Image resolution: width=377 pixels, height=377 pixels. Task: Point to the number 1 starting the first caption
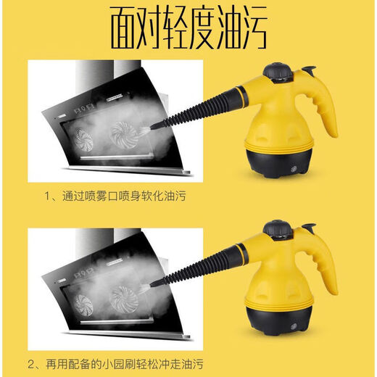pyautogui.click(x=49, y=196)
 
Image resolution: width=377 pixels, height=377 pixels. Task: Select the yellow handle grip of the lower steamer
pyautogui.click(x=326, y=262)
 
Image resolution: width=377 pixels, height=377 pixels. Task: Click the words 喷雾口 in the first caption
pyautogui.click(x=104, y=196)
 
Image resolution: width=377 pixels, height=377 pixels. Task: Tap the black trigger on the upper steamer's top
pyautogui.click(x=309, y=72)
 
